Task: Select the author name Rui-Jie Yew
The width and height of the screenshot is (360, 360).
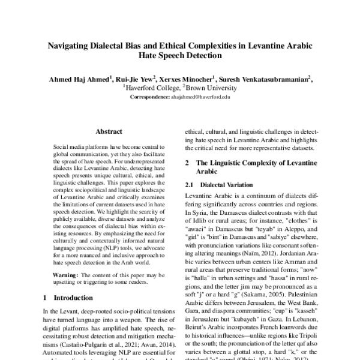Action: point(136,78)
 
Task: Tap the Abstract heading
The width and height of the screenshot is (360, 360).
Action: point(109,131)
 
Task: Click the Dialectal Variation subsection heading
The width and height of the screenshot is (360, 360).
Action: point(226,185)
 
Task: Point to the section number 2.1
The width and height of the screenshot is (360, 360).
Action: point(190,185)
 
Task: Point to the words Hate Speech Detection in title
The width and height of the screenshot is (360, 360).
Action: point(180,57)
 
